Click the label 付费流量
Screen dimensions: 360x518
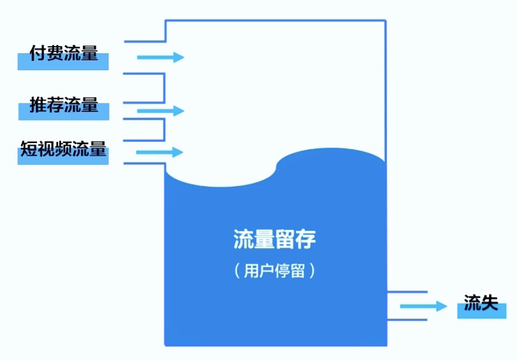pyautogui.click(x=64, y=54)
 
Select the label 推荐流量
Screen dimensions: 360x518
pyautogui.click(x=64, y=104)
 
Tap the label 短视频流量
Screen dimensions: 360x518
pyautogui.click(x=63, y=148)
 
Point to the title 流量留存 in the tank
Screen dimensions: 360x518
pyautogui.click(x=275, y=239)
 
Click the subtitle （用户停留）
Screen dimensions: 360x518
pyautogui.click(x=275, y=271)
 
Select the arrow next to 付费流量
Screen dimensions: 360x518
pyautogui.click(x=161, y=57)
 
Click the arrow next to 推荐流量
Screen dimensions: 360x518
pyautogui.click(x=161, y=111)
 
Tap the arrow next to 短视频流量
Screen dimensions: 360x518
pyautogui.click(x=159, y=152)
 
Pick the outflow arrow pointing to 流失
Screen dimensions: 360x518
pyautogui.click(x=423, y=306)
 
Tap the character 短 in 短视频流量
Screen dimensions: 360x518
pyautogui.click(x=29, y=148)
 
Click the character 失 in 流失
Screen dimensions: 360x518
pyautogui.click(x=490, y=302)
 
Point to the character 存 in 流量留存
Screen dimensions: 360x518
pyautogui.click(x=306, y=239)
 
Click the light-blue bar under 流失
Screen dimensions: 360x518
pyautogui.click(x=481, y=313)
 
